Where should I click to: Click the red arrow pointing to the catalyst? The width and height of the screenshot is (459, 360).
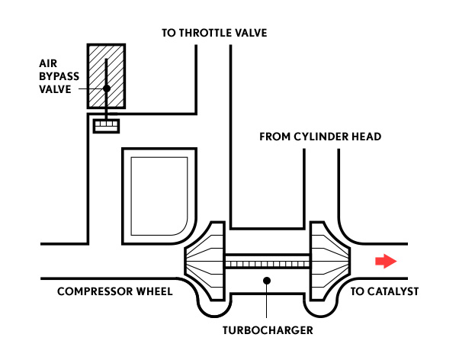pos(386,261)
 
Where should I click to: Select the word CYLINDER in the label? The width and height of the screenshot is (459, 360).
pos(321,137)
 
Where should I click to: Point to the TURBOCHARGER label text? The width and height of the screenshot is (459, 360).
pos(268,330)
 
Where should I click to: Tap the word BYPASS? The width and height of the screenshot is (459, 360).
pos(59,76)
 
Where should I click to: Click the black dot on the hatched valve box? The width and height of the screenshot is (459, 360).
pos(107,88)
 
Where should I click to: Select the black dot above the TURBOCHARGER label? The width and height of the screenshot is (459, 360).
pos(267,281)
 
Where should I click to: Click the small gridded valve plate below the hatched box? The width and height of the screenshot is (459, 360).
pos(106,127)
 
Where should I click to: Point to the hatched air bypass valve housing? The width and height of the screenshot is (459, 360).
pos(106,76)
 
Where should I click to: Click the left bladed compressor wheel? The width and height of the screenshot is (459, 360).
pos(205,261)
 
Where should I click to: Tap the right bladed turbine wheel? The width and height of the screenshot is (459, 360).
pos(330,261)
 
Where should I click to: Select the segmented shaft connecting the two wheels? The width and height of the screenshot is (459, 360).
pos(268,262)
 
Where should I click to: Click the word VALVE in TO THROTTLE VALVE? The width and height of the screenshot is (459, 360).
pos(252,33)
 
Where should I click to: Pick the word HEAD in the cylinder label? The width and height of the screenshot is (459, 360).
pos(367,137)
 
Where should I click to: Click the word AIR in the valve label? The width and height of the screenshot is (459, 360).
pos(48,63)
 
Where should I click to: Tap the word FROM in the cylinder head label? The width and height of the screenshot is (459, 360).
pos(275,137)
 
